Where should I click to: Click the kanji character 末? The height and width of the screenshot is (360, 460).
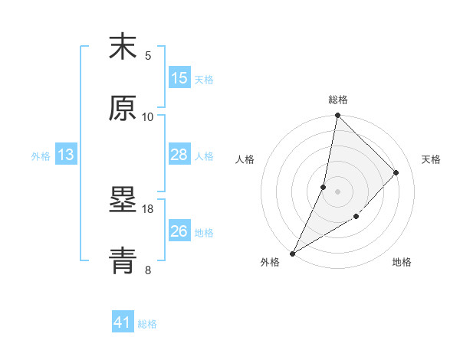[x=123, y=47]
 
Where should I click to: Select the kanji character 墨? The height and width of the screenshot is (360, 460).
[x=123, y=201]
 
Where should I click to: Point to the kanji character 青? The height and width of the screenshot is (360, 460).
[x=123, y=260]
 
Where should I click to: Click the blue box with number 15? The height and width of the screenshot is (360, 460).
[x=179, y=78]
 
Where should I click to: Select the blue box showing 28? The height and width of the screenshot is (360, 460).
[x=179, y=155]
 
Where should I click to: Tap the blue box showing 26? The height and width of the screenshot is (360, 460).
[x=179, y=231]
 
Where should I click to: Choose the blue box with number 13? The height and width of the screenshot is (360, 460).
[x=66, y=155]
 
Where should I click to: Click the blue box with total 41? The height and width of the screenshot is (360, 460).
[x=123, y=322]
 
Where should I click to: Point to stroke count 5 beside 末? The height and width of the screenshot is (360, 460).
[x=148, y=55]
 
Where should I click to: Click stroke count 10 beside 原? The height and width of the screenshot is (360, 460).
[x=148, y=116]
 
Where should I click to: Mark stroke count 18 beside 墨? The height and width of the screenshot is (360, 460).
[x=148, y=208]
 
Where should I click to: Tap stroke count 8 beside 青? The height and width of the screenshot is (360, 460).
[x=148, y=270]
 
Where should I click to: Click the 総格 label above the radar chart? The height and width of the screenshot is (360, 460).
[x=337, y=100]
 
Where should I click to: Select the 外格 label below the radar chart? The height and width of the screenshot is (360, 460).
[x=270, y=263]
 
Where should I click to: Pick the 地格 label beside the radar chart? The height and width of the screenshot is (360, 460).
[x=402, y=263]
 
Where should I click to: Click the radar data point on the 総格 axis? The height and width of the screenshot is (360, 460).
[x=337, y=116]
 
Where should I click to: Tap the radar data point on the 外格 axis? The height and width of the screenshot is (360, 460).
[x=292, y=253]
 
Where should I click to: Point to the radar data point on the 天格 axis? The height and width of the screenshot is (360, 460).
[x=396, y=172]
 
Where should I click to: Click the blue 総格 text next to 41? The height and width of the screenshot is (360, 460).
[x=147, y=324]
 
